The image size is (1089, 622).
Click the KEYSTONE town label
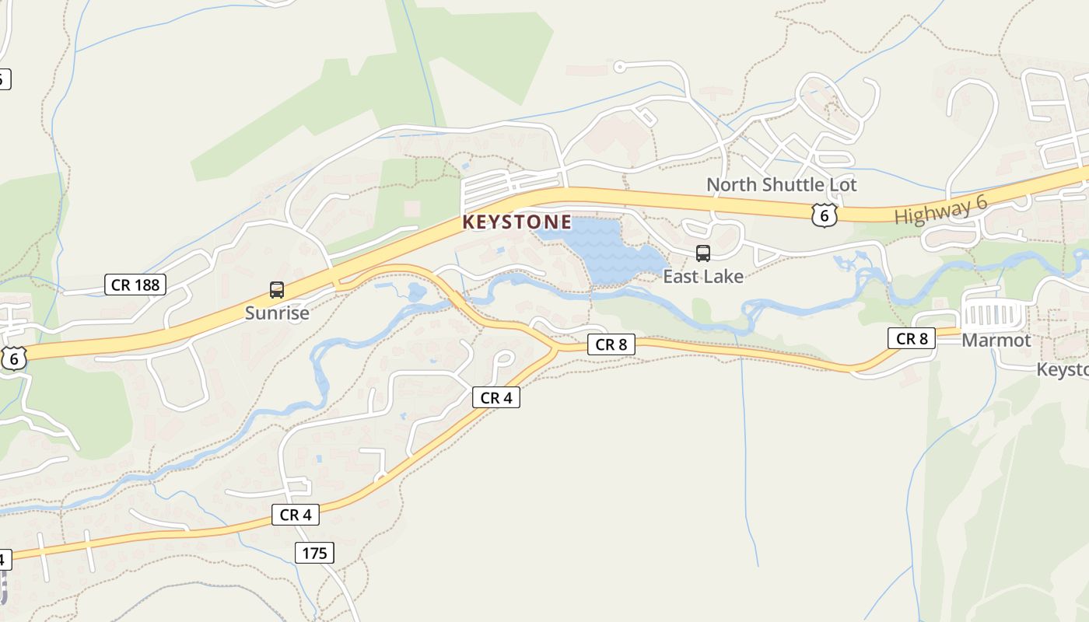pos(516,222)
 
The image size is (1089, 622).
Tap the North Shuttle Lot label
pos(781,185)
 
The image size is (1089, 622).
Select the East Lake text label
pos(702,276)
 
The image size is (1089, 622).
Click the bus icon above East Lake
pos(702,253)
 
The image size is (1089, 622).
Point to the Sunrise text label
pos(277,313)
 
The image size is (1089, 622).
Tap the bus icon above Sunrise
pos(277,290)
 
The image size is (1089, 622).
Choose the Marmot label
pos(996,341)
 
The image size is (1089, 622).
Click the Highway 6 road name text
pos(940,211)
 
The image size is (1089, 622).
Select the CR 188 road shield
pos(135,285)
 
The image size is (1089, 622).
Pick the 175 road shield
pos(314,553)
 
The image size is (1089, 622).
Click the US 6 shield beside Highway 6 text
pos(824,215)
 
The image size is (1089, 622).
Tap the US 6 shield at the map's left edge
pos(14,358)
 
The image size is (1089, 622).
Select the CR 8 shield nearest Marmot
pos(912,338)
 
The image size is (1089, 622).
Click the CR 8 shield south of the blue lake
pos(611,344)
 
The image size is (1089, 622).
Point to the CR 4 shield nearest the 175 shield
pos(296,515)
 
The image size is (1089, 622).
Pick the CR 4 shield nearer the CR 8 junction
pos(495,398)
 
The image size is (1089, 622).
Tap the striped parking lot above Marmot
pos(992,316)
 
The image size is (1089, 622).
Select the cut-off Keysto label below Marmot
pos(1063,369)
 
